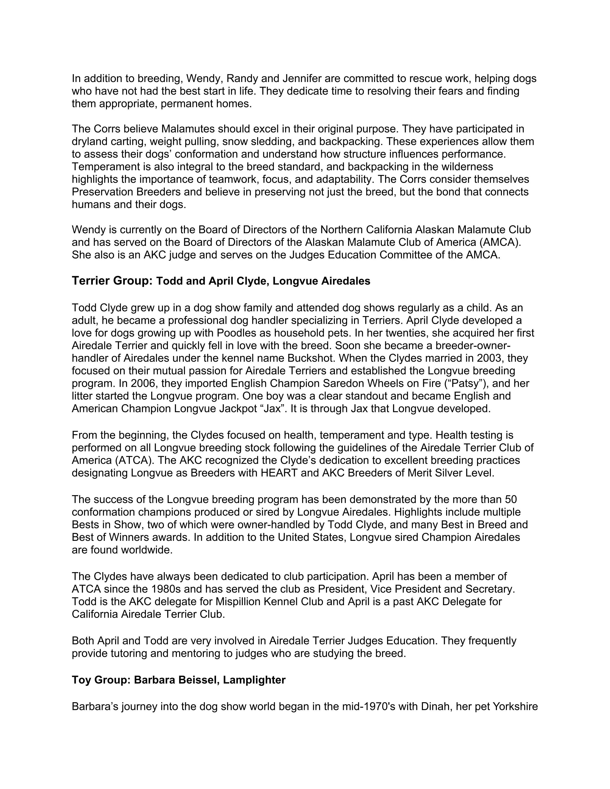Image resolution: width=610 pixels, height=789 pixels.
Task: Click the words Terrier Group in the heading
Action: pyautogui.click(x=112, y=281)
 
